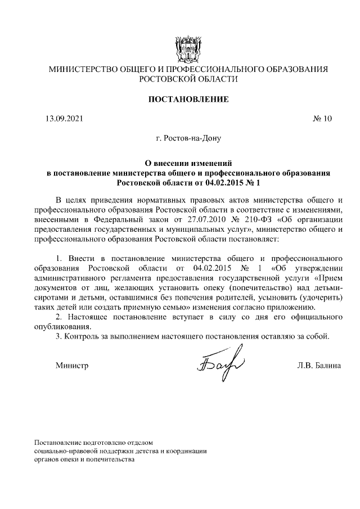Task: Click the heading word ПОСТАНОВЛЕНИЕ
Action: click(x=180, y=100)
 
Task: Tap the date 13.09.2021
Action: click(x=64, y=119)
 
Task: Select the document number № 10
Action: click(x=322, y=119)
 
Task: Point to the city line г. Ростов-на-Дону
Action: click(x=180, y=138)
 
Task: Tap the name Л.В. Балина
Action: click(x=319, y=366)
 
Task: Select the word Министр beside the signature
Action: click(x=72, y=366)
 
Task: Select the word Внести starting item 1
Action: click(x=79, y=258)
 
